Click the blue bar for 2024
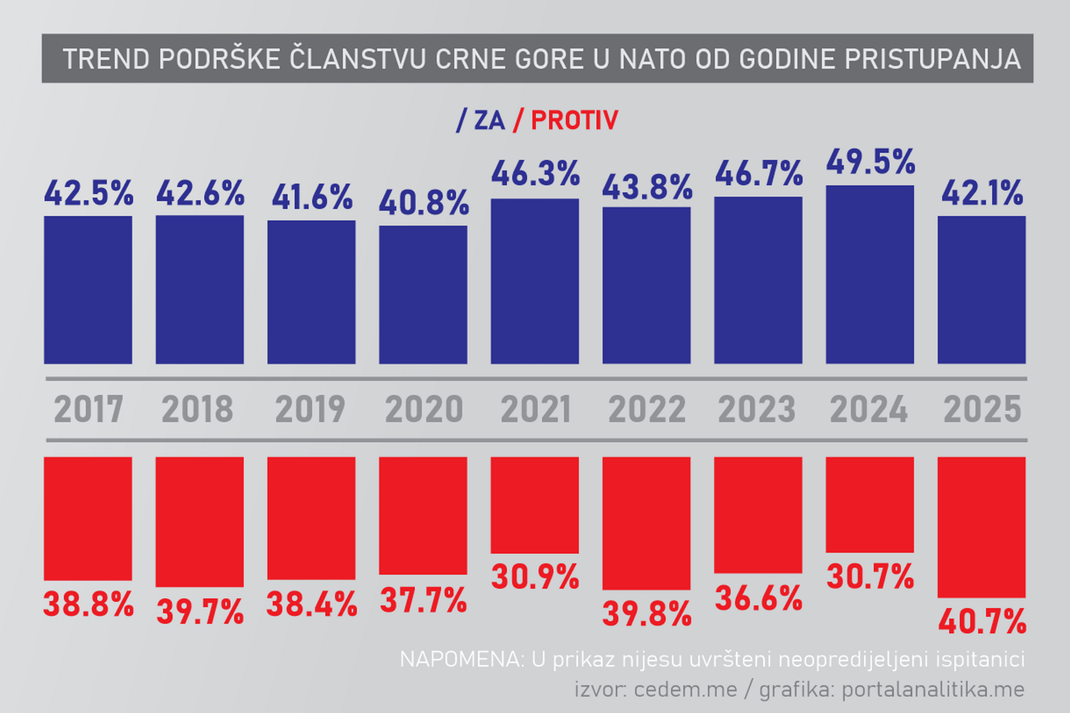[869, 275]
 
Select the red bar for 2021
[534, 505]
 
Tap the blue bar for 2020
[423, 295]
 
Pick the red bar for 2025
[981, 527]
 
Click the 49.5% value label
[870, 162]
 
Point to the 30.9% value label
[535, 577]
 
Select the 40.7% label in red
[982, 622]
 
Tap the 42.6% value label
[200, 193]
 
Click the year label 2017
[88, 409]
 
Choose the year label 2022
[646, 409]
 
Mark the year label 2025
[982, 409]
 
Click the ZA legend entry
[489, 120]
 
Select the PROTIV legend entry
[574, 120]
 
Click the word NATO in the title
[652, 59]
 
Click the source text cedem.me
[685, 690]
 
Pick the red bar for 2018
[200, 522]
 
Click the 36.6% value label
[758, 599]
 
